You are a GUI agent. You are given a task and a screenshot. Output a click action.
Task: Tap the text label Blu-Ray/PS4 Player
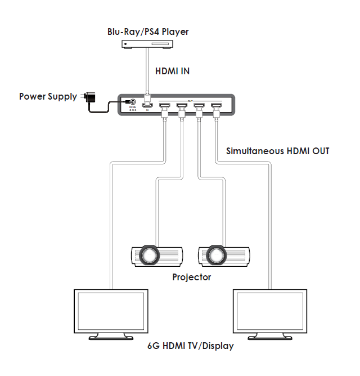click(148, 32)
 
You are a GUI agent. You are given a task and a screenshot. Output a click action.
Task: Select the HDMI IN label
click(172, 71)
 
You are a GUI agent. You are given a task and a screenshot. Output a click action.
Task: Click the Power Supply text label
click(48, 96)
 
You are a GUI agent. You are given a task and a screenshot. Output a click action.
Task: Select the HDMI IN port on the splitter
click(147, 105)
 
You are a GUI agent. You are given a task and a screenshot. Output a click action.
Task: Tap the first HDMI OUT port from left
click(165, 105)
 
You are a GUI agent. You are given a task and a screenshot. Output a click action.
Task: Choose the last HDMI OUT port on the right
click(216, 105)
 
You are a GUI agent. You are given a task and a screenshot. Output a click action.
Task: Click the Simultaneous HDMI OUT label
click(277, 151)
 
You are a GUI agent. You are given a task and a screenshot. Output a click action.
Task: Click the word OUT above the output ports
click(190, 99)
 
